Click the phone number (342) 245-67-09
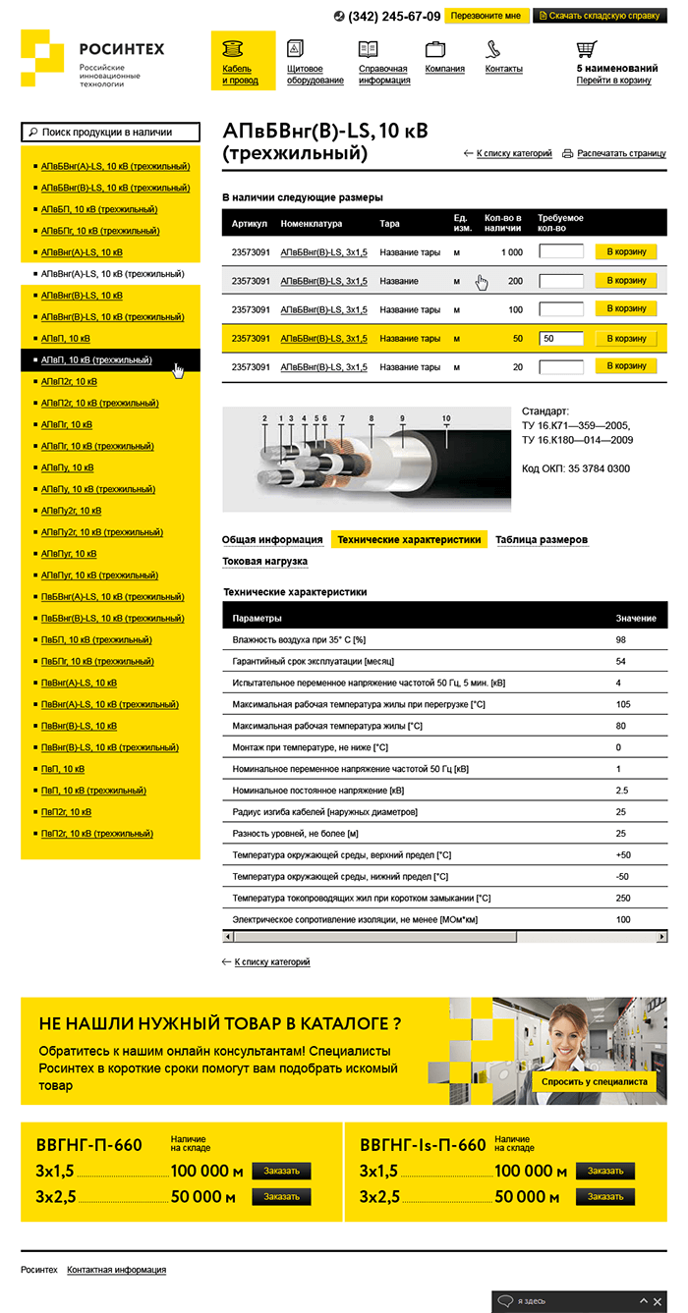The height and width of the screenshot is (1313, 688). pos(394,17)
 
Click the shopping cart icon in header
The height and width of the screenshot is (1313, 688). pos(587,48)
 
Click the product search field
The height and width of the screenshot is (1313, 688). pos(110,132)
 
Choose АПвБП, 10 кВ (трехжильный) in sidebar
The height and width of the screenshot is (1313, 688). pos(98,209)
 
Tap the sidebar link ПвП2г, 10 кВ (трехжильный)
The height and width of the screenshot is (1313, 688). pos(96,834)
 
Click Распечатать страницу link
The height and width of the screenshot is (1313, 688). pos(621,154)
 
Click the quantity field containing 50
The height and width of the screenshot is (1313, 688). pos(561,339)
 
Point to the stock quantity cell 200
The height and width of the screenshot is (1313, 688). pos(515,282)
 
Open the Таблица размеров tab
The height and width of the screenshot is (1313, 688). pos(542,540)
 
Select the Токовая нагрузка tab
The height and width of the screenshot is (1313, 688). pos(264,562)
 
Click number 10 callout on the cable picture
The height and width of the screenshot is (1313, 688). pos(446,419)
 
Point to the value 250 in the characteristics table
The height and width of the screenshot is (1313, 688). pos(623,899)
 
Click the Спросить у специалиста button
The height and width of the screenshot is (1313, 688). pos(595,1081)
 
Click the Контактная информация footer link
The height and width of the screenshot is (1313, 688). pos(116,1270)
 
